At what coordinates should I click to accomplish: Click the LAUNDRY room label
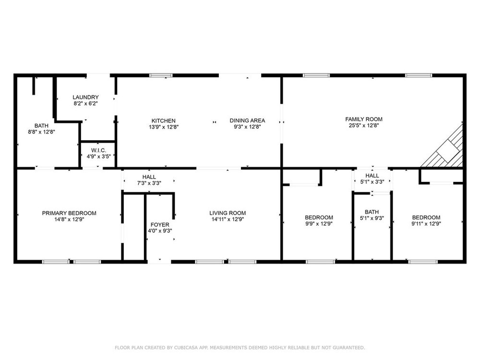pos(85,97)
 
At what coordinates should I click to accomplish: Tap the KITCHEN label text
pos(164,121)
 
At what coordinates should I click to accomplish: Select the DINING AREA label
pos(247,120)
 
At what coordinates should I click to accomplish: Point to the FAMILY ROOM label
pos(364,120)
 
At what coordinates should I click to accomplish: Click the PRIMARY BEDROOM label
pos(69,213)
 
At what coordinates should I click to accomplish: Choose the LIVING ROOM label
pos(228,213)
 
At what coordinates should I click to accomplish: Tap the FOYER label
pos(160,225)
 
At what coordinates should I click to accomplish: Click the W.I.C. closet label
pos(98,150)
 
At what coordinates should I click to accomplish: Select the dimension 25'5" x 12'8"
pos(364,125)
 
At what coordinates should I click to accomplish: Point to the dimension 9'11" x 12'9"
pos(426,224)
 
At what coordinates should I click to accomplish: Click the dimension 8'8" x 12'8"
pos(41,132)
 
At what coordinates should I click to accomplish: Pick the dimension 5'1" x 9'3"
pos(372,218)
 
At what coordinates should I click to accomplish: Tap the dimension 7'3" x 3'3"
pos(149,183)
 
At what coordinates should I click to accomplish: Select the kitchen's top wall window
pos(161,75)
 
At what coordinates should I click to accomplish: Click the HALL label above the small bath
pos(372,176)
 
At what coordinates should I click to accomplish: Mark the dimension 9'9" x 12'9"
pos(319,224)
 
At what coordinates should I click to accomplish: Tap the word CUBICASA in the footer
pos(185,348)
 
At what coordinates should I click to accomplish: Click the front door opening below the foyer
pos(159,262)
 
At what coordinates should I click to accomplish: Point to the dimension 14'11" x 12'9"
pos(228,219)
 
